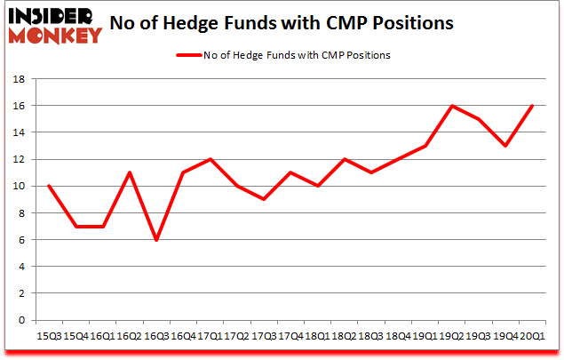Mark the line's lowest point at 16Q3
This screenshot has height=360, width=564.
[x=157, y=240]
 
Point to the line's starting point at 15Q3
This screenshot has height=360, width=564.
[x=48, y=186]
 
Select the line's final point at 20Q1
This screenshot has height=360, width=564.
[x=531, y=106]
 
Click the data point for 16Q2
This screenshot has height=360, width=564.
[x=130, y=172]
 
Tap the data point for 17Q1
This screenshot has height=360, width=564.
[x=211, y=159]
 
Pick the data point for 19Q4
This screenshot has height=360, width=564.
[x=504, y=146]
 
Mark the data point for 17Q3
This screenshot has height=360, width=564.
[x=265, y=199]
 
